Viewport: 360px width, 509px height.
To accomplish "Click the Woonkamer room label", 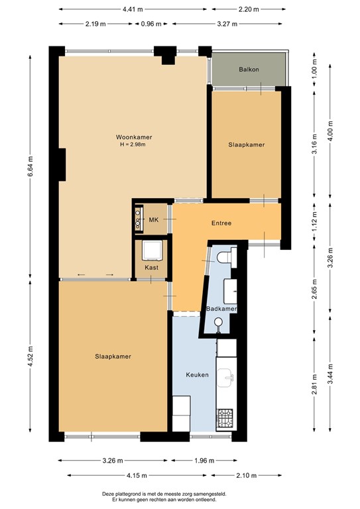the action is [x=134, y=137].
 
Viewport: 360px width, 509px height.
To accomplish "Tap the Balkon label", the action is [x=249, y=69].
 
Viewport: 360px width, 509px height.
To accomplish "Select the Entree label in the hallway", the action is [x=221, y=223].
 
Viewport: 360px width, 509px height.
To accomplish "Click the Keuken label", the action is [x=197, y=374].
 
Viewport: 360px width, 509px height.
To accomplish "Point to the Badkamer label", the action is [x=221, y=309].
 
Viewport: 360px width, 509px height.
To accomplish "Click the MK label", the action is [x=154, y=220].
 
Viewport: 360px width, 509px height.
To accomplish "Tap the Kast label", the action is [x=152, y=267].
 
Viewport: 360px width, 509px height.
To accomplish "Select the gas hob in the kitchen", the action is [x=225, y=418].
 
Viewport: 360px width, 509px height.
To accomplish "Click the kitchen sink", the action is [x=225, y=378].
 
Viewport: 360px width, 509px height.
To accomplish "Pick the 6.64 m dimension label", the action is [x=30, y=166].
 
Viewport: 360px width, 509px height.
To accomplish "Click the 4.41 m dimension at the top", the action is [x=133, y=9].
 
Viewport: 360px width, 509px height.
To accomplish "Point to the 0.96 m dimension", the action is [x=151, y=24].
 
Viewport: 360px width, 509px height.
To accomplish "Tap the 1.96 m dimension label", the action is [x=204, y=461].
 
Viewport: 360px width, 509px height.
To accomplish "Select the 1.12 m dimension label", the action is [x=314, y=222].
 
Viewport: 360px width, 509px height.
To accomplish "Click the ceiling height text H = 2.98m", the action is [x=133, y=144].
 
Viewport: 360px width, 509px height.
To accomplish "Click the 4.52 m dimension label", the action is [x=30, y=357].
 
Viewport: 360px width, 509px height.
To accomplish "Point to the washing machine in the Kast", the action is [x=152, y=251].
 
